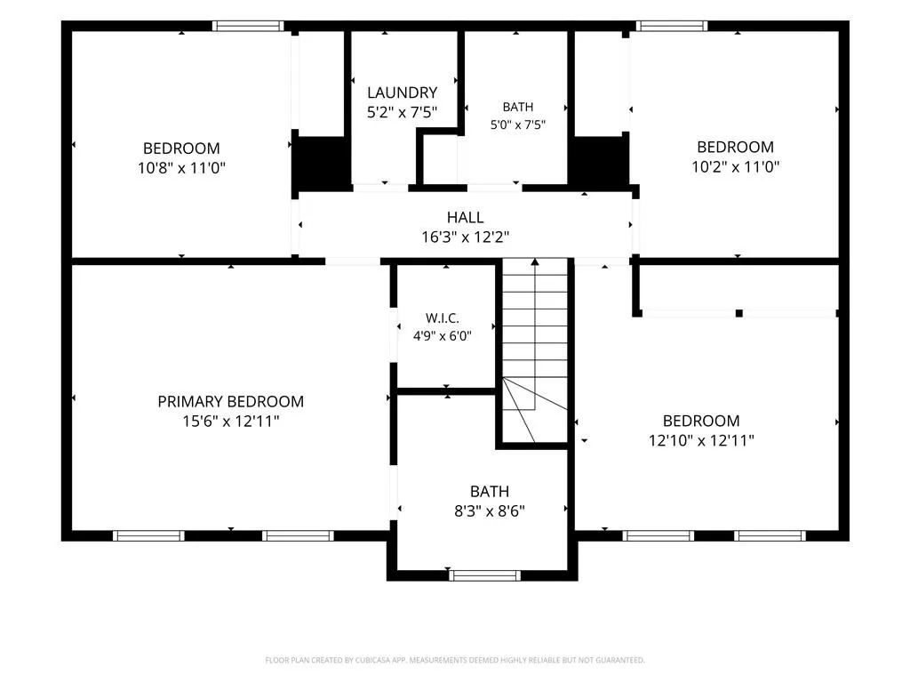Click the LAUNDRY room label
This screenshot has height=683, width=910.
click(403, 92)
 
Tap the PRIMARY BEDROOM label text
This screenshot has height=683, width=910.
click(231, 401)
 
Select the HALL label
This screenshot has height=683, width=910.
click(465, 217)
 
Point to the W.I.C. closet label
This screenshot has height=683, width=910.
click(443, 317)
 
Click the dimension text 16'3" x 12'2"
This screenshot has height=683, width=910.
click(465, 237)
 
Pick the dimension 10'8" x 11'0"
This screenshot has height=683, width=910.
click(181, 168)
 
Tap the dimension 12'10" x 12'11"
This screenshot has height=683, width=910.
click(701, 440)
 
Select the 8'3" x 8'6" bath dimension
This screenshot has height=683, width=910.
click(490, 511)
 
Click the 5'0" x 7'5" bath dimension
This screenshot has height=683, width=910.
click(518, 125)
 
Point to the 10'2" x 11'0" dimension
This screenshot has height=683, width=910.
click(735, 166)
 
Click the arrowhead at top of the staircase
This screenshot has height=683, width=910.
click(535, 262)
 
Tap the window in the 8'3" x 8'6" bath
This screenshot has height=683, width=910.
click(484, 575)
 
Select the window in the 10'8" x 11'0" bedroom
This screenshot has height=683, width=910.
click(248, 26)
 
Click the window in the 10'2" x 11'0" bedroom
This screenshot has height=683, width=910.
click(672, 26)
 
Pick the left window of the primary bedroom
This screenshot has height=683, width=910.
click(148, 535)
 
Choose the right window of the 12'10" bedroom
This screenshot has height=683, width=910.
click(770, 535)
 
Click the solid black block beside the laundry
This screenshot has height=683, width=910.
click(321, 163)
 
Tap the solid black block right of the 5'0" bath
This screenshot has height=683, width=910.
click(600, 162)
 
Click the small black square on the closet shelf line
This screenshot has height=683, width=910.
click(738, 314)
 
